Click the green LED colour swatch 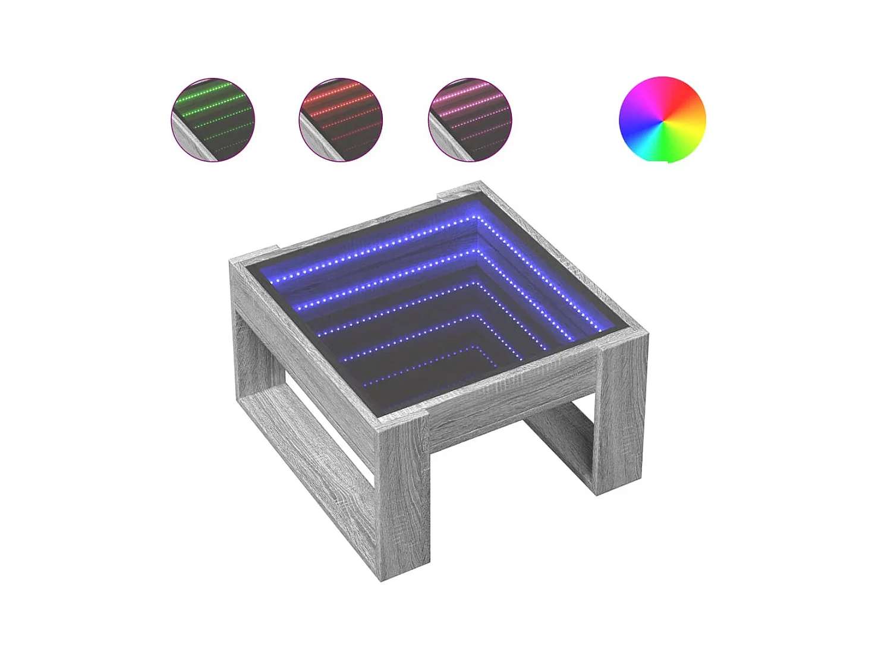pyautogui.click(x=212, y=119)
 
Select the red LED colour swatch pyautogui.click(x=340, y=119)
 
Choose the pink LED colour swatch pyautogui.click(x=470, y=119)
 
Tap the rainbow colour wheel pyautogui.click(x=662, y=119)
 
